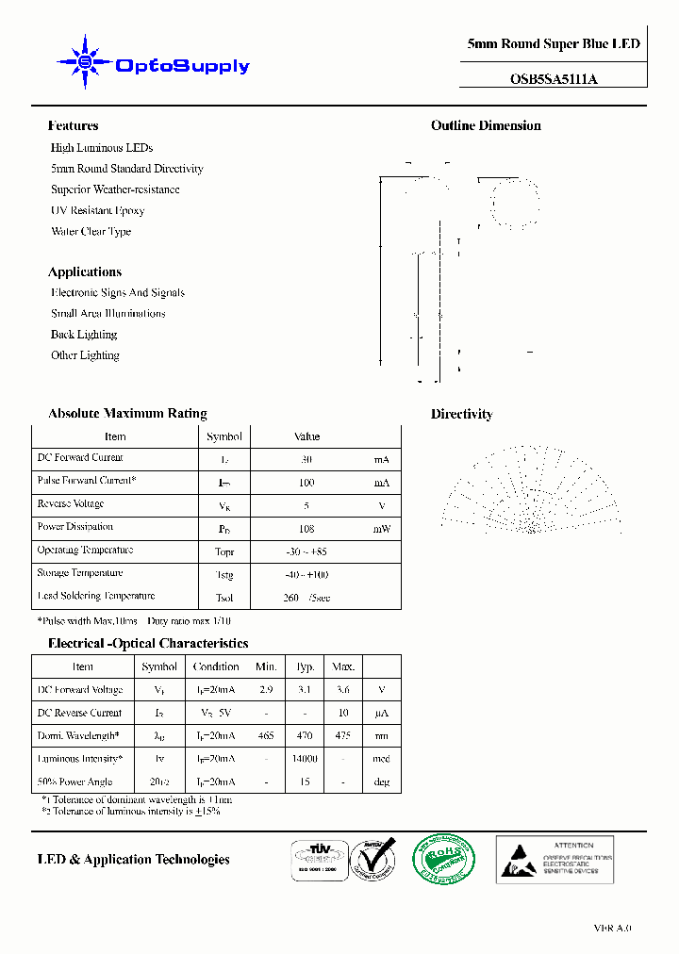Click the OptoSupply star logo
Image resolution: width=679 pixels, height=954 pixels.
coord(85,62)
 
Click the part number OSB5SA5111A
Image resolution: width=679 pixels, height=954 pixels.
coord(553,79)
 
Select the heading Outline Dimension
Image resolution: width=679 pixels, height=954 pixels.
coord(486,125)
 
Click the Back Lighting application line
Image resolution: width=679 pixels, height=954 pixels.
coord(84,335)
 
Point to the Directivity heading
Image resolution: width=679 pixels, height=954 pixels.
coord(461,414)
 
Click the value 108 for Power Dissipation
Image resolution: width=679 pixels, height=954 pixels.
coord(306,530)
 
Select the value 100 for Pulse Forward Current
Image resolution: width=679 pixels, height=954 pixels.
coord(306,483)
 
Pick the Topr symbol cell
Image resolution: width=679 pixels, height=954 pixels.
coord(224,552)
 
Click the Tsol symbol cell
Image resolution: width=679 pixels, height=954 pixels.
coord(224,599)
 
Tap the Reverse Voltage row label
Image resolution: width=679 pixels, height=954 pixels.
coord(71,504)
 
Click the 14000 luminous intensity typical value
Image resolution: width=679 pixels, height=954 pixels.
coord(305,759)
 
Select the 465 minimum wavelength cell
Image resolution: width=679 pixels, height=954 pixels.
coord(265,736)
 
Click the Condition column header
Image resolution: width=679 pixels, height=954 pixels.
coord(216,666)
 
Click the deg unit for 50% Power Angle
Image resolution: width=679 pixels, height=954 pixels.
coord(381,782)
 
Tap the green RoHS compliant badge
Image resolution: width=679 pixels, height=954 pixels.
coord(443,859)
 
